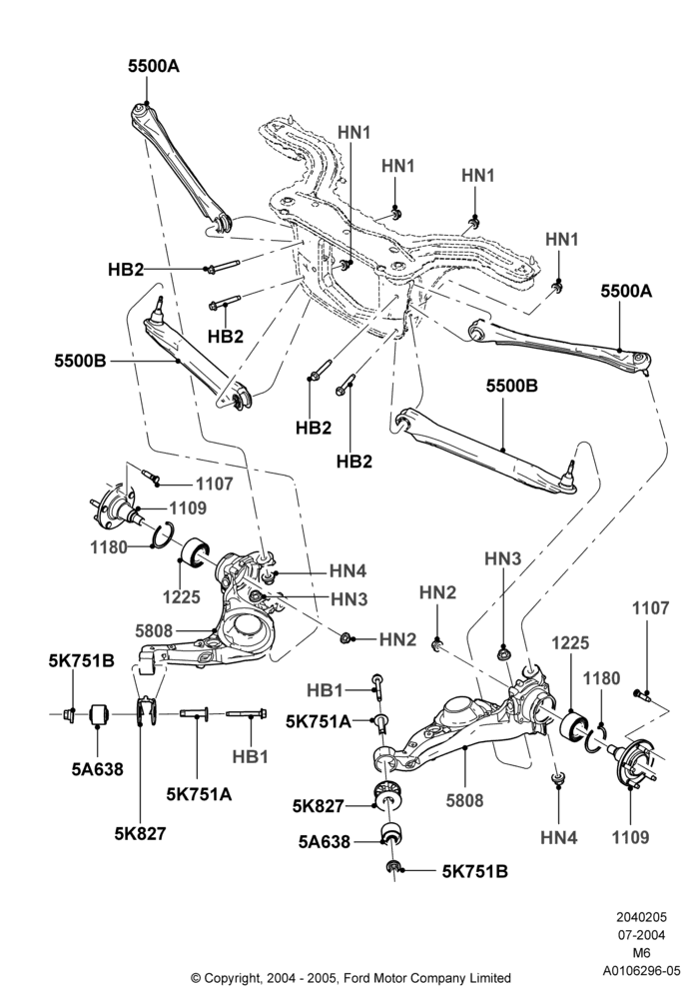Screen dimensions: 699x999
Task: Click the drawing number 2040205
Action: [642, 917]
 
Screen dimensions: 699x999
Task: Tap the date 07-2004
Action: [642, 935]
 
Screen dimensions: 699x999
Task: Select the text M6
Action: [642, 953]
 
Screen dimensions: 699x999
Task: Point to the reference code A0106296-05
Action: [642, 971]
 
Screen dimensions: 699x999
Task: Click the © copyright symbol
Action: [196, 978]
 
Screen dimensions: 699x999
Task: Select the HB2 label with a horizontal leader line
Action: [126, 270]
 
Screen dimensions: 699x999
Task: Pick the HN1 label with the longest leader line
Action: [353, 132]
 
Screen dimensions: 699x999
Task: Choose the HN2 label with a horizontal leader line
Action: [397, 639]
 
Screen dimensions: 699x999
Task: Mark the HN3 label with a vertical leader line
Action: [503, 558]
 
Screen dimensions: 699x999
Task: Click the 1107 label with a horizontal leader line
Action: [214, 485]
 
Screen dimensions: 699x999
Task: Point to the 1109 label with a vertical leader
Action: [630, 836]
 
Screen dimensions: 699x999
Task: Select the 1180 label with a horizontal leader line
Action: [108, 546]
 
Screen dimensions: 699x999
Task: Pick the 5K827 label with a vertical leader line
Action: [140, 833]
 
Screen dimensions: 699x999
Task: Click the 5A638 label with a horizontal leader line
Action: [324, 841]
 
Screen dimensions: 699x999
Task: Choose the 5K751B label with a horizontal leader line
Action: [475, 871]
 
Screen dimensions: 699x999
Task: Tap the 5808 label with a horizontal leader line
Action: [154, 630]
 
